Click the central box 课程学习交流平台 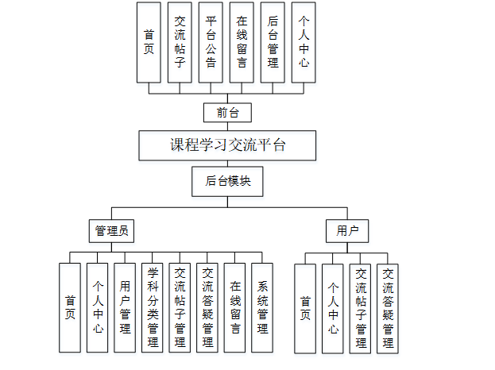point(227,146)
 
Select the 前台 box point(227,113)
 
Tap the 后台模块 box point(227,181)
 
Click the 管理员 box point(111,231)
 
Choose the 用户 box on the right point(347,231)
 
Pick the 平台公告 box point(210,42)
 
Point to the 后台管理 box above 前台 point(273,42)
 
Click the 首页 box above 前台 point(149,42)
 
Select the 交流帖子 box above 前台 point(180,42)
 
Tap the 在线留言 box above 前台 point(242,42)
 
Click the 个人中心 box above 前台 point(303,42)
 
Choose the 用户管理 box point(125,307)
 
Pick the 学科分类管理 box point(153,307)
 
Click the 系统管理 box point(262,307)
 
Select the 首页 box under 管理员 point(70,307)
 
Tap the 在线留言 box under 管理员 point(235,307)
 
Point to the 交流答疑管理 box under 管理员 point(207,307)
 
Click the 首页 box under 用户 point(305,308)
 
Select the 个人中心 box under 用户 point(333,308)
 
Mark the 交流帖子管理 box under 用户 point(360,308)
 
